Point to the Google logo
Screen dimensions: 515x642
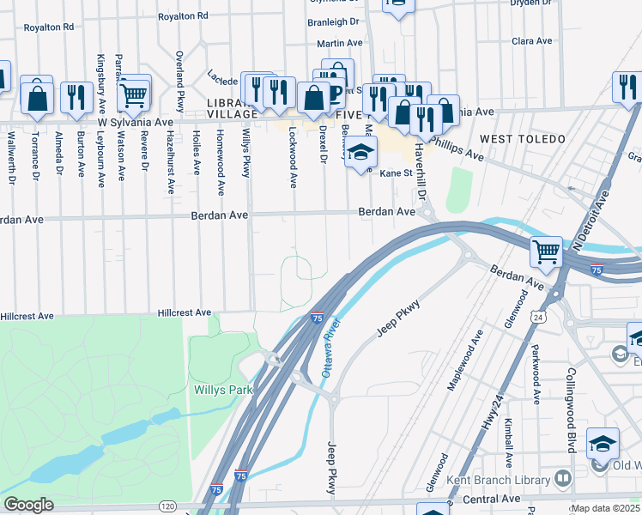tap(28, 505)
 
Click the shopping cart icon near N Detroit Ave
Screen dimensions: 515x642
tap(546, 251)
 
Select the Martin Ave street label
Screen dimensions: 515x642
tap(340, 43)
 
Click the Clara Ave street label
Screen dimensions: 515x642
tap(531, 41)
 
